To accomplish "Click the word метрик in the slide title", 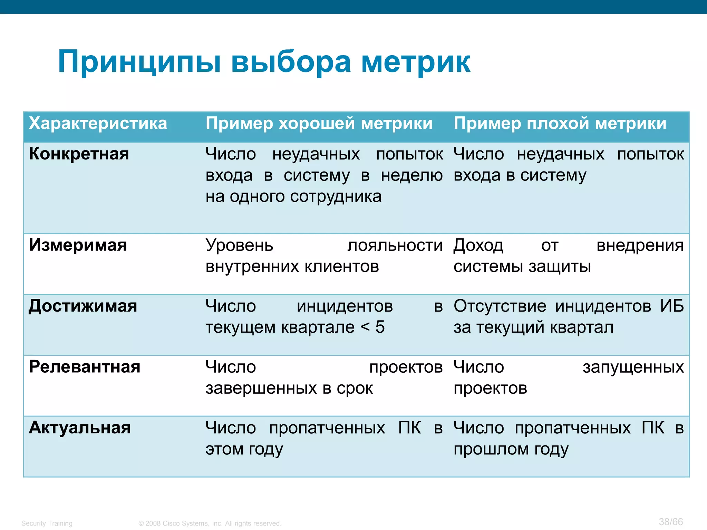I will [416, 62].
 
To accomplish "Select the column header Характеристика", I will [98, 124].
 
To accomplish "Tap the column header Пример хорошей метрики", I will [319, 124].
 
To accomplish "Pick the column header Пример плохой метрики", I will [560, 124].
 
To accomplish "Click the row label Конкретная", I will [79, 154].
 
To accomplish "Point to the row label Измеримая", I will [78, 245].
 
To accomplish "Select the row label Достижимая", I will [83, 306].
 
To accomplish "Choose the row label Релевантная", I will [85, 367].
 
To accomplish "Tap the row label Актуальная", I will [80, 428].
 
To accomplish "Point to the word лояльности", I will [395, 246].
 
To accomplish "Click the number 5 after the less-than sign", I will [380, 327].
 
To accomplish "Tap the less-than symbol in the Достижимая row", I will [365, 327].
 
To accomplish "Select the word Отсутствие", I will [500, 306].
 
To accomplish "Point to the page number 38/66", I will [671, 522].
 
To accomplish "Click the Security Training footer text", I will [47, 523].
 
